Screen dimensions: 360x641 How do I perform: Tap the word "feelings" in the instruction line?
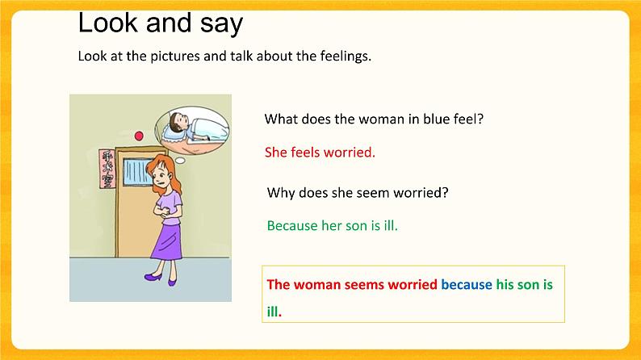click(344, 57)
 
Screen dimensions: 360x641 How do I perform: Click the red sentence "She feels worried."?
click(320, 152)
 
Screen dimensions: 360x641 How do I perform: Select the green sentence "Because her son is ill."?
click(332, 225)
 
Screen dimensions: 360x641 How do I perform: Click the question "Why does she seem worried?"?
click(358, 193)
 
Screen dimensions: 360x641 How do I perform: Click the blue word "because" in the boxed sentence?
click(466, 284)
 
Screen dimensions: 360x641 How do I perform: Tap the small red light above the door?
click(139, 135)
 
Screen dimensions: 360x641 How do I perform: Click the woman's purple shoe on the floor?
click(153, 276)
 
